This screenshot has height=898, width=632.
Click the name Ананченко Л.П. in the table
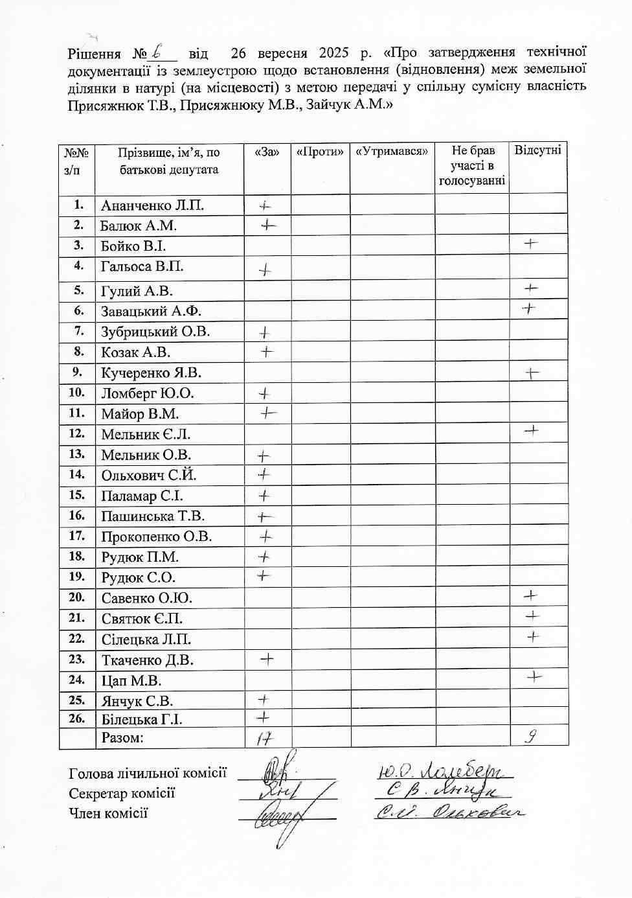point(152,205)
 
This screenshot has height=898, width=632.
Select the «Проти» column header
point(320,152)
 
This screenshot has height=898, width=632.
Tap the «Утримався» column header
point(392,152)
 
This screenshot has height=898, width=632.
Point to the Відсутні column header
point(537,151)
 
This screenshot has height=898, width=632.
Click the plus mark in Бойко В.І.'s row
point(531,244)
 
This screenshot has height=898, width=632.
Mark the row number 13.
point(76,454)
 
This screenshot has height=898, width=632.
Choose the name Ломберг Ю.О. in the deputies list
point(148,393)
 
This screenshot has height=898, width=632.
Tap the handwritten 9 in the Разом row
point(531,736)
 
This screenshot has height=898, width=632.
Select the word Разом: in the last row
point(122,737)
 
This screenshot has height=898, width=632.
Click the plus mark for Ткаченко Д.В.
point(267,660)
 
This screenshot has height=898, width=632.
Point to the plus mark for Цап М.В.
point(534,677)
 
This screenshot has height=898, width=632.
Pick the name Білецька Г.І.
point(142,719)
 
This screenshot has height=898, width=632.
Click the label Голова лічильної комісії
point(148,773)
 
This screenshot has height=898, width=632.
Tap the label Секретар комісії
point(122,794)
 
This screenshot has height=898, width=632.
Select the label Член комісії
point(108,814)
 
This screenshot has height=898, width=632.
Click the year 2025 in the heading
point(333,53)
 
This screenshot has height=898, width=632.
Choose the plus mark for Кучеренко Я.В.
point(532,373)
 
